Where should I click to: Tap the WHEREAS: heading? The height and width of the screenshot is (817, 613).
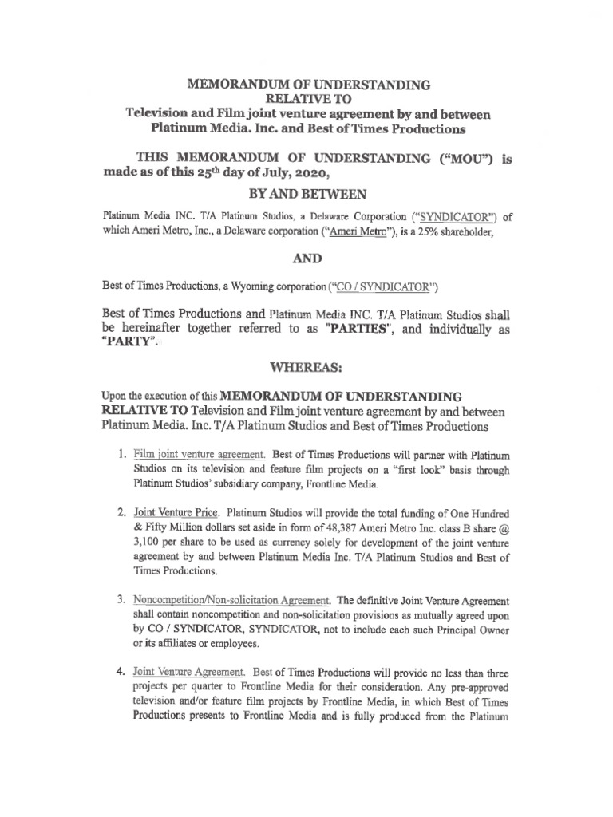(x=306, y=369)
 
